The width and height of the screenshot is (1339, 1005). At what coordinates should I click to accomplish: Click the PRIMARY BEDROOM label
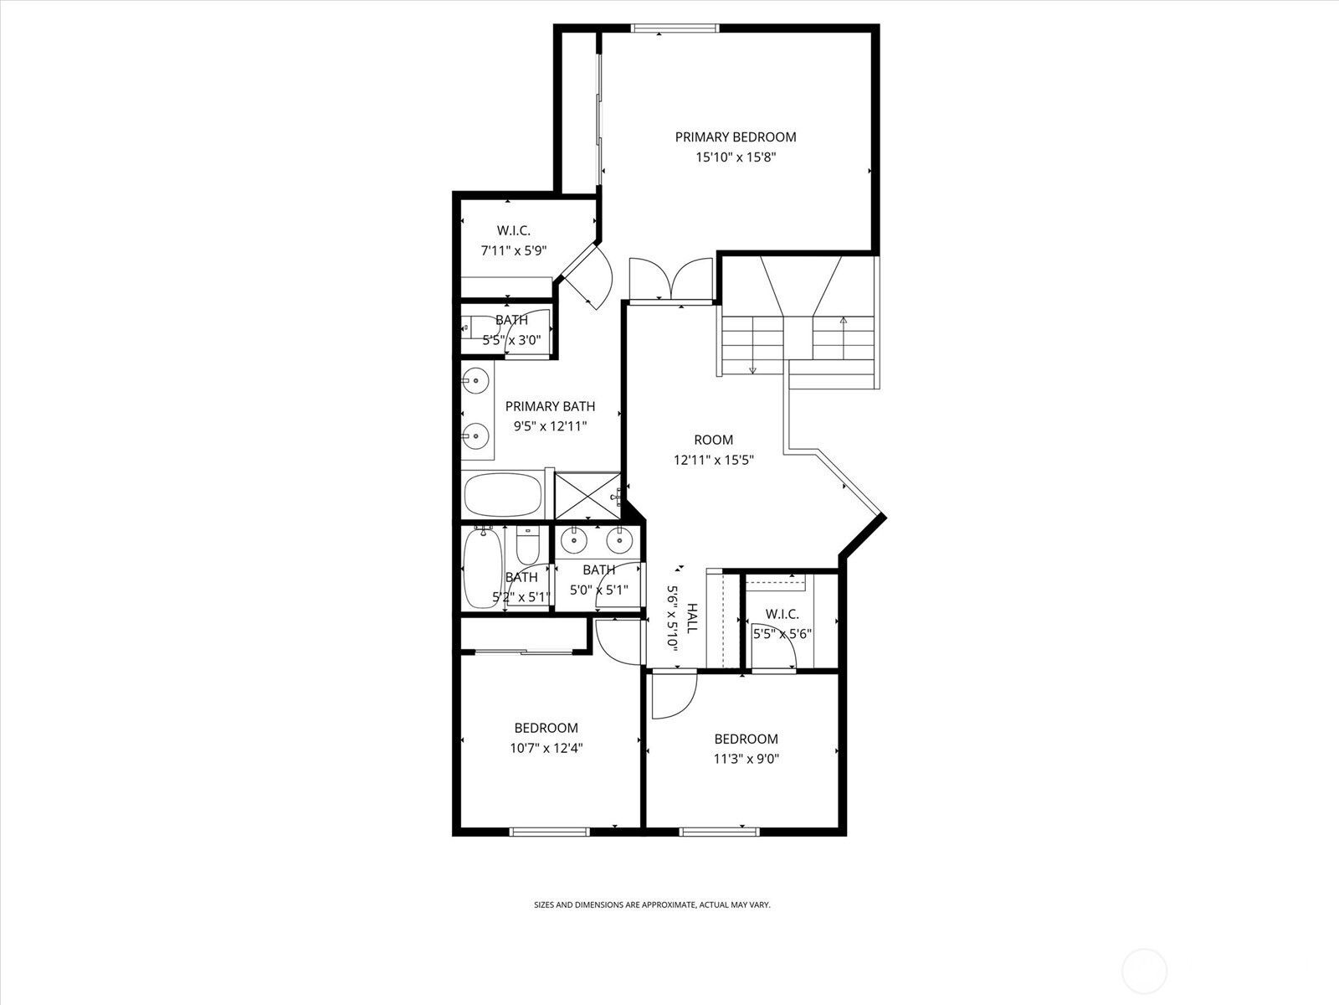(x=735, y=137)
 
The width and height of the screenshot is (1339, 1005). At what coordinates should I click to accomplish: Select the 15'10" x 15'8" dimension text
(x=736, y=157)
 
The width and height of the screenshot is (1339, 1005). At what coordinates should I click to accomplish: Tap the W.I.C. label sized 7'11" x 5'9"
(x=514, y=230)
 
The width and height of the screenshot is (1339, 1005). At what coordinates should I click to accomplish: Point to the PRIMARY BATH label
(x=550, y=406)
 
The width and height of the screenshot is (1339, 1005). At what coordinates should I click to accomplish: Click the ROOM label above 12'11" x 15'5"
(x=714, y=440)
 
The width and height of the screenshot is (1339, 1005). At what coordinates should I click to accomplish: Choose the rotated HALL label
(x=692, y=618)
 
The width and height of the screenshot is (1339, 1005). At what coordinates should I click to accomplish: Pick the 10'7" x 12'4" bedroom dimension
(x=546, y=748)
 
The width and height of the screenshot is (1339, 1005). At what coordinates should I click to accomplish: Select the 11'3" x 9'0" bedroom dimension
(x=746, y=759)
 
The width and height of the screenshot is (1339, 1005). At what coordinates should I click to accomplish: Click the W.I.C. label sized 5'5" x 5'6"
(x=782, y=614)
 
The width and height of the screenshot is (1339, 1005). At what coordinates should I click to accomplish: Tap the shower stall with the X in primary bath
(x=587, y=496)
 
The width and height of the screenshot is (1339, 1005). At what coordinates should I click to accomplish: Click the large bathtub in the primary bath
(x=503, y=496)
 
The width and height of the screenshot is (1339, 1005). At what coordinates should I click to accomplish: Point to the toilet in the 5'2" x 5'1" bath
(x=528, y=545)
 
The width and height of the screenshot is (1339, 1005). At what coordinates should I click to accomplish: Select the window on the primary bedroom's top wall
(x=675, y=28)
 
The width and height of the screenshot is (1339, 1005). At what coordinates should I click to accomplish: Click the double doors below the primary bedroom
(x=671, y=281)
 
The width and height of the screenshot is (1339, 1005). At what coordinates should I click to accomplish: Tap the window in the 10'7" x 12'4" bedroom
(x=550, y=832)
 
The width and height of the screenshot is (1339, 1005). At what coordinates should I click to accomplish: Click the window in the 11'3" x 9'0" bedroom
(x=719, y=832)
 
